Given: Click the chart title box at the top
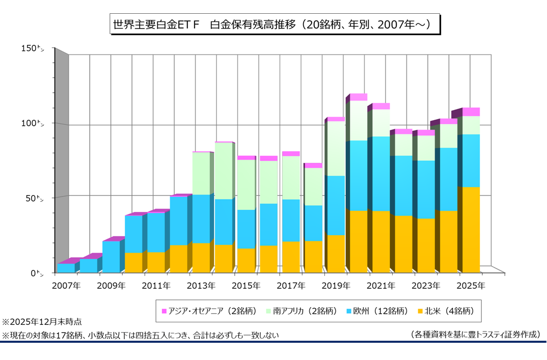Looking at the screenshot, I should click(273, 24).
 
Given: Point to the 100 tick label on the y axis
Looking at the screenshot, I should click(34, 123).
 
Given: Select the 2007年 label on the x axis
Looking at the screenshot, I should click(65, 286).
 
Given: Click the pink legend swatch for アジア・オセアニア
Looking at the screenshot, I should click(164, 311).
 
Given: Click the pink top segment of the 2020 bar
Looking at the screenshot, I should click(358, 97).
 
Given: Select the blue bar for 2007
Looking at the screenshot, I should click(66, 267).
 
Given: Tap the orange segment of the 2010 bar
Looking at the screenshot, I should click(133, 262).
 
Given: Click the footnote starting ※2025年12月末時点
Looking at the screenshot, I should click(42, 322).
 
